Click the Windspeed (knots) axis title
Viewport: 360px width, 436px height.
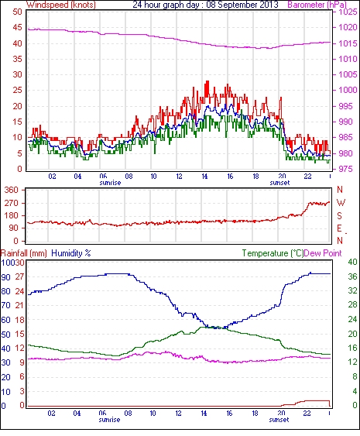pyautogui.click(x=61, y=5)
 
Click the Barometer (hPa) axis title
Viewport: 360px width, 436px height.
pyautogui.click(x=317, y=5)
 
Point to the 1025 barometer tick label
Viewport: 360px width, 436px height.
pyautogui.click(x=348, y=12)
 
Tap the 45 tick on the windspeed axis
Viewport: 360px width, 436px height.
pyautogui.click(x=17, y=28)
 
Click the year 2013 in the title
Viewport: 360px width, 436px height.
pyautogui.click(x=270, y=5)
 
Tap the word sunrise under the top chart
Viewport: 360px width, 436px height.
pyautogui.click(x=110, y=183)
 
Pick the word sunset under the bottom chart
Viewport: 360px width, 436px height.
pyautogui.click(x=279, y=420)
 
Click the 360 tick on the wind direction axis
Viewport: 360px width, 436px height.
pyautogui.click(x=12, y=191)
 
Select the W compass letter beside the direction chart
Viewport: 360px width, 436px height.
pyautogui.click(x=341, y=203)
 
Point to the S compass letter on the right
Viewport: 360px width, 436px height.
pyautogui.click(x=339, y=215)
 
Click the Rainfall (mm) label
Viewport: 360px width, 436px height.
pyautogui.click(x=24, y=253)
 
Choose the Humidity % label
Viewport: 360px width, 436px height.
pyautogui.click(x=71, y=253)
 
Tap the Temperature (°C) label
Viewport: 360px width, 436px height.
pyautogui.click(x=273, y=253)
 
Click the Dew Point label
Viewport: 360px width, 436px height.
pyautogui.click(x=323, y=253)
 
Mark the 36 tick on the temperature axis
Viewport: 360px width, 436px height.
pyautogui.click(x=352, y=276)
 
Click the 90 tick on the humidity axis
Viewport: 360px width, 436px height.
pyautogui.click(x=6, y=277)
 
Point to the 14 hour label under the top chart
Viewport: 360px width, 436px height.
pyautogui.click(x=204, y=177)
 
